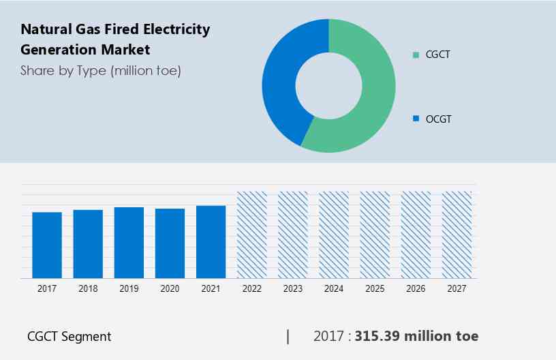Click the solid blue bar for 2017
coord(47,245)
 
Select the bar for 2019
coord(129,243)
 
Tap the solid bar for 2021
coord(211,242)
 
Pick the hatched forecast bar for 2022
coord(251,235)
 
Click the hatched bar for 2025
coord(374,235)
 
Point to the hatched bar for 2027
coord(457,235)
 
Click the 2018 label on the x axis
coord(88,289)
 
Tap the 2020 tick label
coord(170,289)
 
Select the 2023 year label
coord(292,289)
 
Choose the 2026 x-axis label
coord(416,289)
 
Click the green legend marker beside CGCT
coord(416,55)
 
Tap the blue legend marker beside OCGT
coord(416,119)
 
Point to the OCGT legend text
coord(438,119)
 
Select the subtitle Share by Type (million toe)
coord(101,71)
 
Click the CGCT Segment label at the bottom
coord(69,336)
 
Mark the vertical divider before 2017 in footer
coord(288,336)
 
